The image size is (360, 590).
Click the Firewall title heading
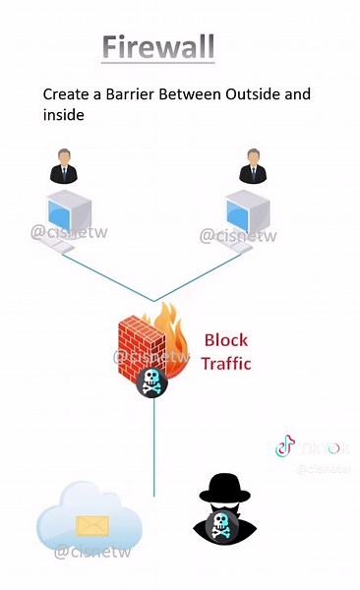point(157,46)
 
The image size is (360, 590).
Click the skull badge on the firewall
point(152,382)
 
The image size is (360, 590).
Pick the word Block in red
point(225,341)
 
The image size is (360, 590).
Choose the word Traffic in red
point(226,363)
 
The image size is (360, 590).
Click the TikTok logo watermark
point(284,447)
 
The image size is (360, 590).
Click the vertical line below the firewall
point(153,442)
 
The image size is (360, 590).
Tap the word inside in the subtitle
point(63,115)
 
